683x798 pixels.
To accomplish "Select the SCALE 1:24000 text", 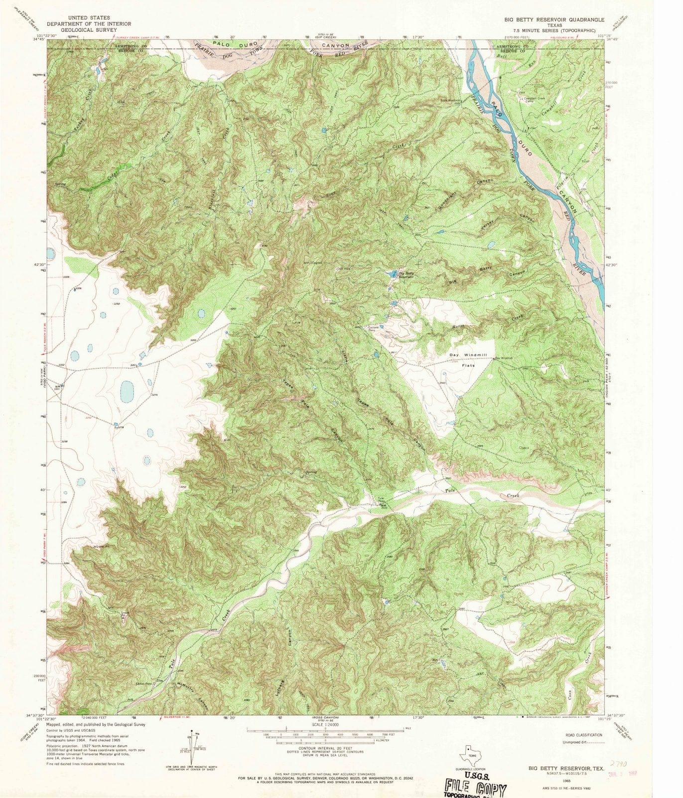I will tap(325, 724).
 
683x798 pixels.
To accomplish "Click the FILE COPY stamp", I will tap(476, 788).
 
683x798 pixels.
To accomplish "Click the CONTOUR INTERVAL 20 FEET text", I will tap(325, 763).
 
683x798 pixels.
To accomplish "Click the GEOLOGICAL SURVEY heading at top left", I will tap(89, 29).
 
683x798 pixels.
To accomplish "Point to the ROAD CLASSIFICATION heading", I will tap(583, 735).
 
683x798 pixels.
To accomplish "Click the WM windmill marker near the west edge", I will tap(59, 386).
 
